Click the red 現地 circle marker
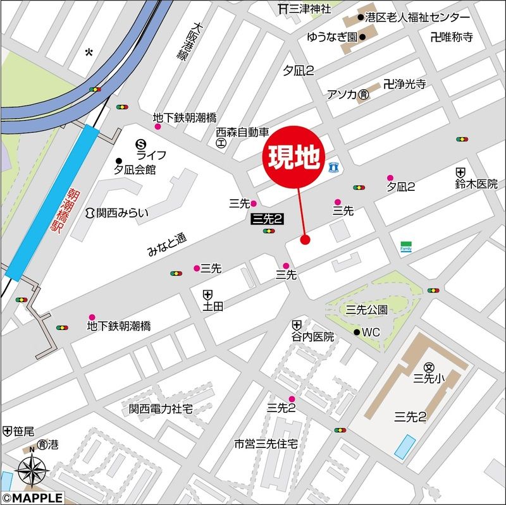[293, 157]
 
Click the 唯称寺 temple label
[457, 37]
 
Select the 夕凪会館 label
[135, 169]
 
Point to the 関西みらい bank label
[123, 212]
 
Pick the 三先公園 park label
[366, 309]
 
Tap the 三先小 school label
[429, 378]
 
